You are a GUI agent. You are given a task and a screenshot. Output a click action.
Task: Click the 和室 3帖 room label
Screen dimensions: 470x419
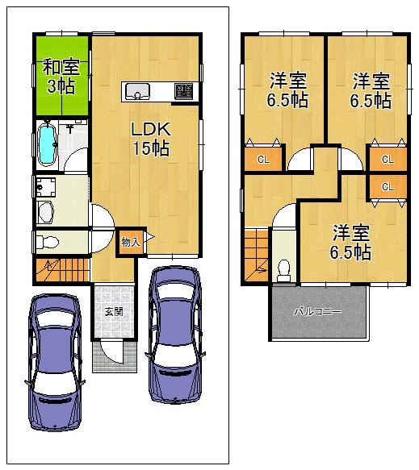61,76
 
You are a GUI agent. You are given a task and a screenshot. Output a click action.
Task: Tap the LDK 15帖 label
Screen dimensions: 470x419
150,136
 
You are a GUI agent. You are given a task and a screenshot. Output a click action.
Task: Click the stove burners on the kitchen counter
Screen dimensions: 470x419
184,91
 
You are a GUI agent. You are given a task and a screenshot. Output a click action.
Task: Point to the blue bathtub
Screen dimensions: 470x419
48,143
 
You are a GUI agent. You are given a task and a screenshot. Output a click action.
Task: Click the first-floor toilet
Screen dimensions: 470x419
47,241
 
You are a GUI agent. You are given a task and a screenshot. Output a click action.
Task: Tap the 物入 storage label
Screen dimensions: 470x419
130,241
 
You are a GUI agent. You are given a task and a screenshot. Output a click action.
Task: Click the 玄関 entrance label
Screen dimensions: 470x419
111,313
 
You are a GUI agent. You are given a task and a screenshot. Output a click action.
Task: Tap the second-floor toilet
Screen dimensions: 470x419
283,268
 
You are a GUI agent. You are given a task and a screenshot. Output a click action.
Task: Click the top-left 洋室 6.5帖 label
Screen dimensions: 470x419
287,89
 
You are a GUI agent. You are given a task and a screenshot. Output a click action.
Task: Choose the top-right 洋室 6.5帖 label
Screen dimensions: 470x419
371,89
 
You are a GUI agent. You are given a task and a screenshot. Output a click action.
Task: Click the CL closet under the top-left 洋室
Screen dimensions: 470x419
263,159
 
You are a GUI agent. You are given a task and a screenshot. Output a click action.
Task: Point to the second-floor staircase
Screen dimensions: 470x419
256,252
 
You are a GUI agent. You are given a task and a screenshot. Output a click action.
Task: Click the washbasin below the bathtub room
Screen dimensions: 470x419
45,213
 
